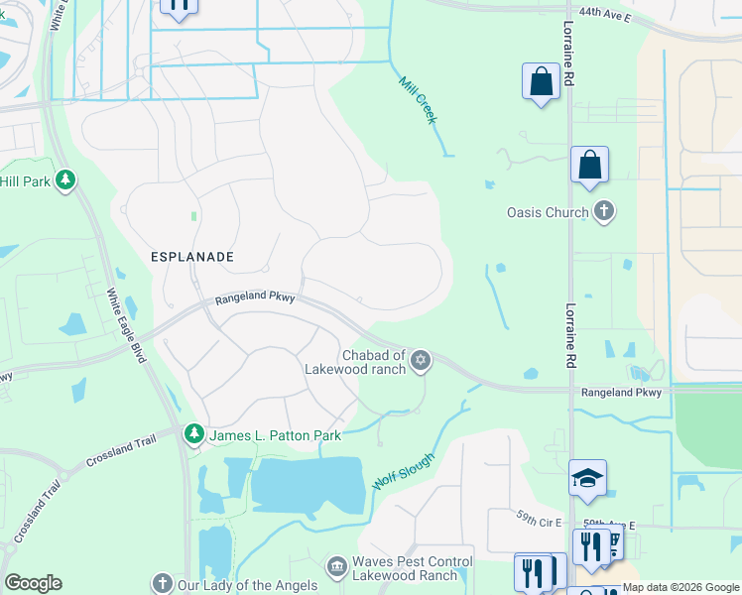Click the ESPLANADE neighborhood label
click(x=192, y=256)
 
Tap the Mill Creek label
click(x=418, y=100)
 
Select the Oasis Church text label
click(x=547, y=212)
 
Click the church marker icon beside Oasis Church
click(x=603, y=211)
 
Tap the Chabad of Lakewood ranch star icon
click(x=422, y=360)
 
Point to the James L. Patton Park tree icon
click(x=193, y=434)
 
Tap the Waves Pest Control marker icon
click(x=336, y=565)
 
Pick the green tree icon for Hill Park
click(x=64, y=180)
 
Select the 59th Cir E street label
click(x=539, y=520)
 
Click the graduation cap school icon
click(x=588, y=478)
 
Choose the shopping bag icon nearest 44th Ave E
click(x=541, y=81)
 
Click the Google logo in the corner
click(x=34, y=583)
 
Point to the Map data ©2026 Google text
click(x=680, y=587)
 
